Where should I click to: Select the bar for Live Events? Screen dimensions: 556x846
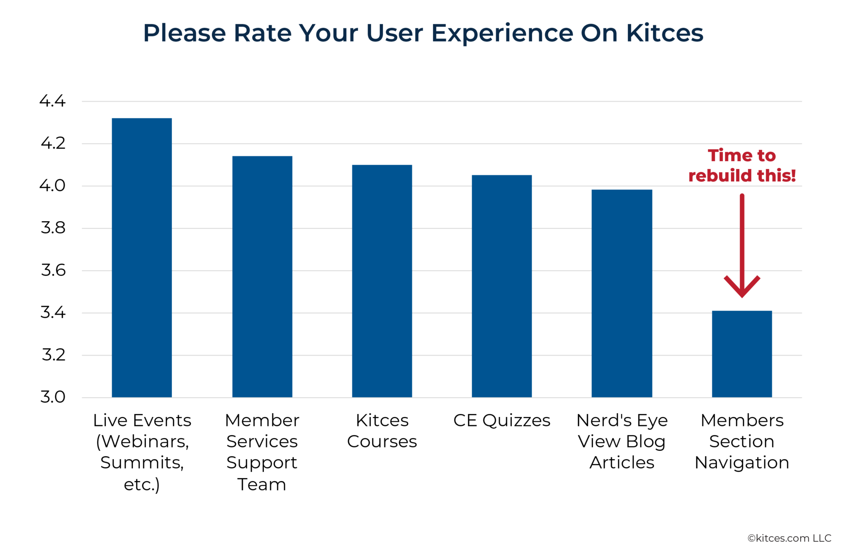142,258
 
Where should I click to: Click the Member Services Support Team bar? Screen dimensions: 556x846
262,277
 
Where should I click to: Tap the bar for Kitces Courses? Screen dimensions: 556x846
382,281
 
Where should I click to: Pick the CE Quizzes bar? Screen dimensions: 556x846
502,286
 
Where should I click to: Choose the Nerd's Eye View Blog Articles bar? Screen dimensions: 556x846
622,293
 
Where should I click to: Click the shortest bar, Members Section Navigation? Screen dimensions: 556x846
742,354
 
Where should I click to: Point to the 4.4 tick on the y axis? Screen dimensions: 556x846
53,101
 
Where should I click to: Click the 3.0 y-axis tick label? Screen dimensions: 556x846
53,397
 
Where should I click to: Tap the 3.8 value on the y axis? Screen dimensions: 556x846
53,228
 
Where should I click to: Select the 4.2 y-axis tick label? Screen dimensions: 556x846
53,143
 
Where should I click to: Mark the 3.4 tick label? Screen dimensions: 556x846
53,312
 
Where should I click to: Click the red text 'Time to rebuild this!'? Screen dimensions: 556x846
742,165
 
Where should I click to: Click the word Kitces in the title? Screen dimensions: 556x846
664,33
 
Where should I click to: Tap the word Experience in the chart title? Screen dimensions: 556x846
502,33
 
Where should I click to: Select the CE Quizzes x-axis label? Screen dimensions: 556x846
502,420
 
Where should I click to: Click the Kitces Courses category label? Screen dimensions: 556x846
382,431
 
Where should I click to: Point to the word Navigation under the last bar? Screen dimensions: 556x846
742,463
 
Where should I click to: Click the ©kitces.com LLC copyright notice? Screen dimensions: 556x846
789,538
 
